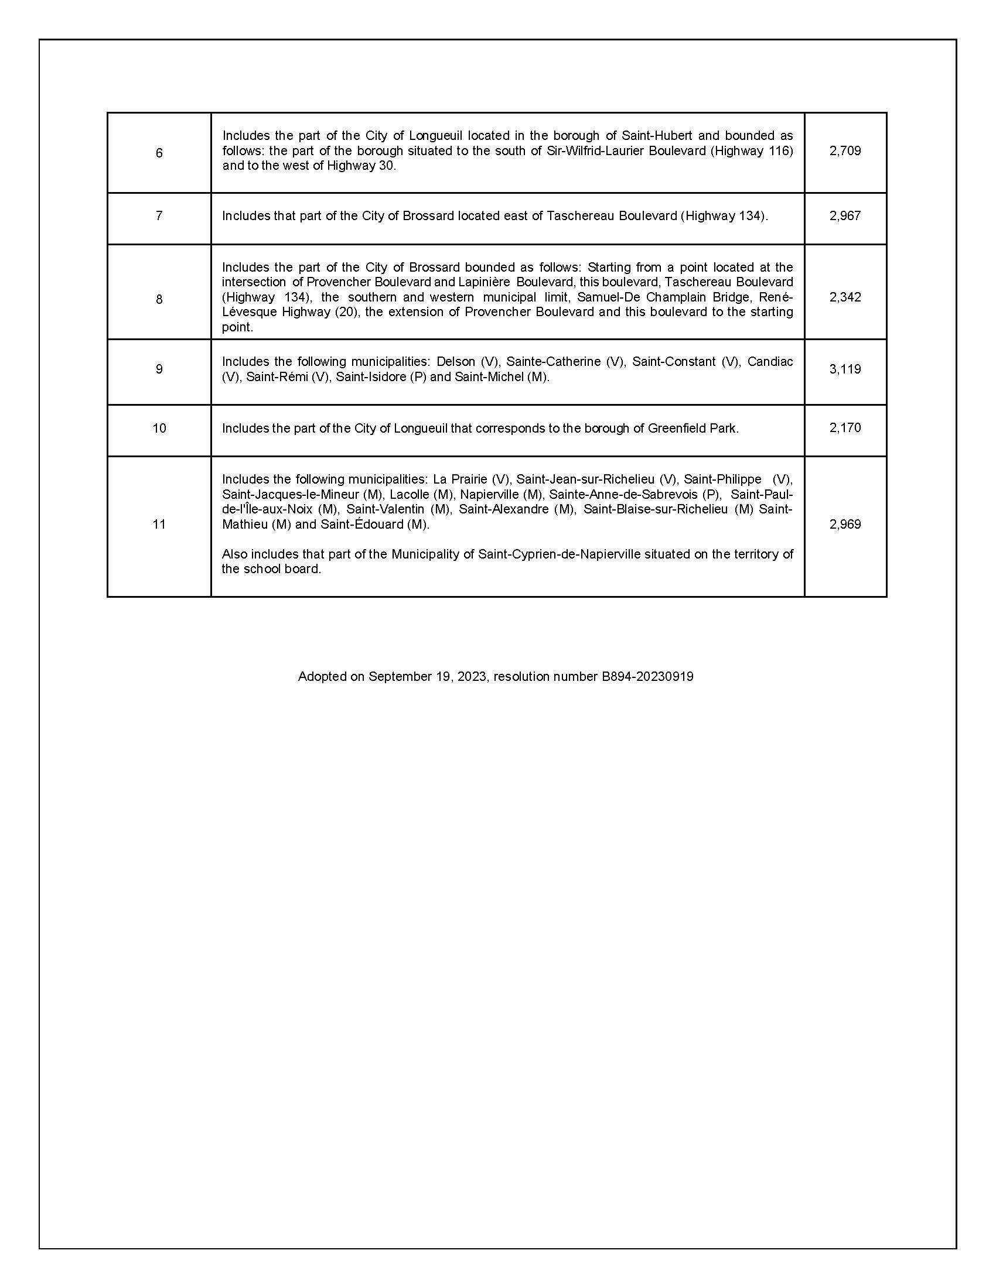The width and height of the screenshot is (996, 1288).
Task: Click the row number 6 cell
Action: coord(159,153)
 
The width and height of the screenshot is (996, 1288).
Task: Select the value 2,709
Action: coord(845,150)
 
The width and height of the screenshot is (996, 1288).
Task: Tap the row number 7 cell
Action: coord(159,216)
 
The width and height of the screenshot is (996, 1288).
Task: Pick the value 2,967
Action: coord(845,216)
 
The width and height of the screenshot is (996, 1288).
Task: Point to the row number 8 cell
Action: coord(159,299)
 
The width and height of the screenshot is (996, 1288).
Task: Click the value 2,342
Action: coord(845,297)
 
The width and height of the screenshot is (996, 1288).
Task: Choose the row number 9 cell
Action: coord(159,369)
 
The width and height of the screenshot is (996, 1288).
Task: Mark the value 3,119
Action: coord(845,369)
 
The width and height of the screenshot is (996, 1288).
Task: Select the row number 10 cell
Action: coord(159,428)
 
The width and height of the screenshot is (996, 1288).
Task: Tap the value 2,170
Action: coord(845,427)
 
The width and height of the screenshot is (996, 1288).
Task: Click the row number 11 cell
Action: coord(159,525)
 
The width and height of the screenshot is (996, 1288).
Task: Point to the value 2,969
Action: coord(845,525)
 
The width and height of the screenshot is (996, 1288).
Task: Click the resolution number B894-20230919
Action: coord(647,676)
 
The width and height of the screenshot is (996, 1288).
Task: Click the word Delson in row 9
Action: coord(455,361)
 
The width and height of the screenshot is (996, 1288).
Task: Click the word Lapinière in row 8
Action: coord(483,283)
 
